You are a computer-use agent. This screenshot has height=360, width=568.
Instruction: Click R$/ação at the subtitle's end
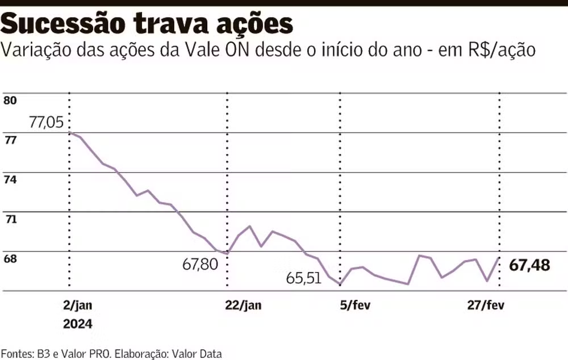[502, 51]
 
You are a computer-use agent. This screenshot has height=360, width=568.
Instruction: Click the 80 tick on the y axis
[10, 101]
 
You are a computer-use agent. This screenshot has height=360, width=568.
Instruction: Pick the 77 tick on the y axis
[10, 140]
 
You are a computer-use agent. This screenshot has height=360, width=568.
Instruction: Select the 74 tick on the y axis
[10, 179]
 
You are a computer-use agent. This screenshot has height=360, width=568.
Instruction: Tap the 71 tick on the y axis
[10, 219]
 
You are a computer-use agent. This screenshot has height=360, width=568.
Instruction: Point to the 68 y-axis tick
[10, 258]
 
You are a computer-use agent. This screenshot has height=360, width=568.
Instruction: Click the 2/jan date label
[77, 305]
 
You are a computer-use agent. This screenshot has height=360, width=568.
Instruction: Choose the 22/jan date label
[243, 305]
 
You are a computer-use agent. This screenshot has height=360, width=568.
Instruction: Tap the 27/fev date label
[486, 305]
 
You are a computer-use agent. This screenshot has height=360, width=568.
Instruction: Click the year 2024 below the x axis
[77, 324]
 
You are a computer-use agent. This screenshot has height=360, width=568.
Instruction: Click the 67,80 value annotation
[200, 264]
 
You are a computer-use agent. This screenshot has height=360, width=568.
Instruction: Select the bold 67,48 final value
[530, 265]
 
